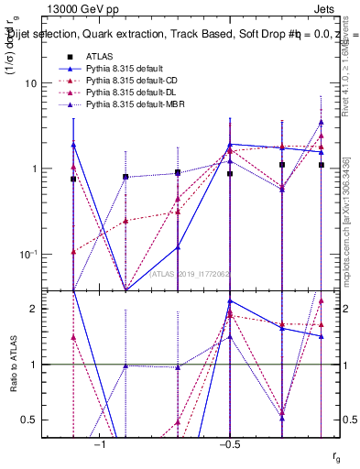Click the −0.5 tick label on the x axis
coord(229,444)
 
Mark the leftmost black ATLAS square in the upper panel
coord(73,180)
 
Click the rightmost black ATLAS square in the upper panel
coord(322,165)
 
